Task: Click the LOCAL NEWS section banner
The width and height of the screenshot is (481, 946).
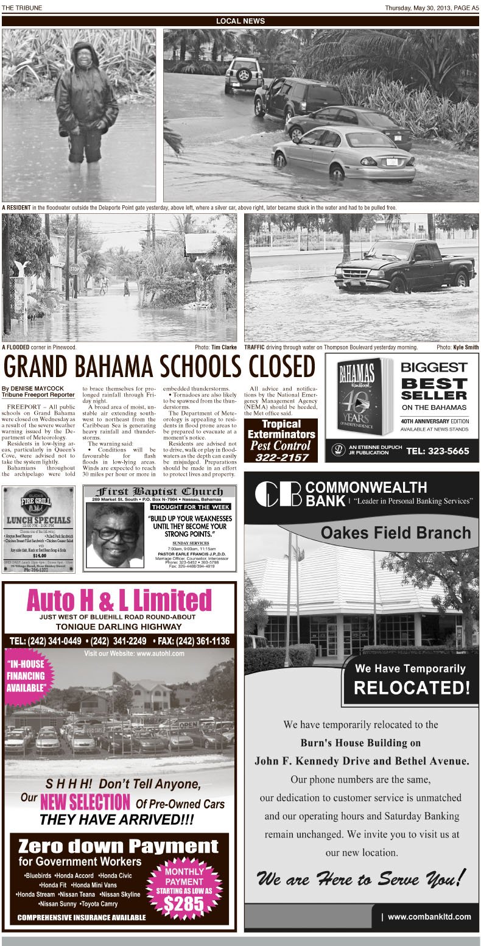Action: point(240,21)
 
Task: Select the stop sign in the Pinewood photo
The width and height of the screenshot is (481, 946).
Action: point(74,269)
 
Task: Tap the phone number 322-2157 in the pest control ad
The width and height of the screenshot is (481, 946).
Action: point(282,457)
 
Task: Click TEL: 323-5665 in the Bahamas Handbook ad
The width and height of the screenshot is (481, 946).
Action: point(437,451)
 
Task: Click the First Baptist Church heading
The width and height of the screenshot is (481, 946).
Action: point(159,492)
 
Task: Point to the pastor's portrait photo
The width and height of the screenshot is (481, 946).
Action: point(114,536)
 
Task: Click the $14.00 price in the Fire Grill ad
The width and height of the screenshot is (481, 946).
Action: point(39,556)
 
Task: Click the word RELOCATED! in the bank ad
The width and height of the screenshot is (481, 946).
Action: point(412,688)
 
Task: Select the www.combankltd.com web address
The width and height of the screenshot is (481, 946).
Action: point(429,916)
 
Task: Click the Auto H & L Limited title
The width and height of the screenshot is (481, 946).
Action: point(119,601)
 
